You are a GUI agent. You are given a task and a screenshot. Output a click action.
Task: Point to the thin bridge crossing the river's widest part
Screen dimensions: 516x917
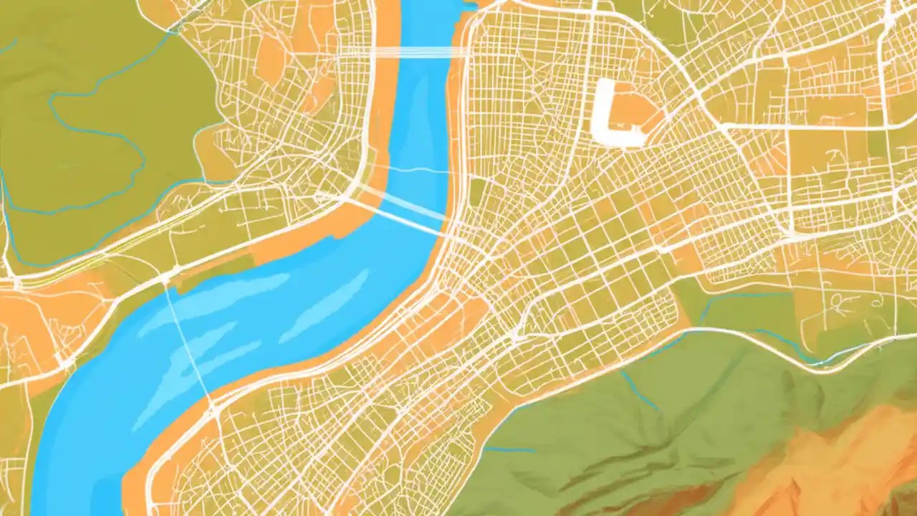(188, 344)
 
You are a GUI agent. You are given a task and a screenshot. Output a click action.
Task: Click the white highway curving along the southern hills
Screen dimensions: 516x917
(752, 340)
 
